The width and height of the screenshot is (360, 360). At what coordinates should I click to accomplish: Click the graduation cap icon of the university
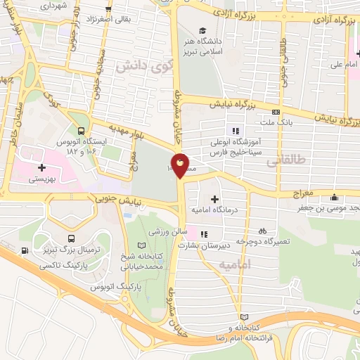[x=202, y=30]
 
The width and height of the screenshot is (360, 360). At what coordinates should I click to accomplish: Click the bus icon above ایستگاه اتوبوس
[x=82, y=131]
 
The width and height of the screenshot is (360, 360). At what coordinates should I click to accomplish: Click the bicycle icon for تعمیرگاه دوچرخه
[x=262, y=230]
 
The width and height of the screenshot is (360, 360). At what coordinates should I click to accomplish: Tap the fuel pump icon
[x=25, y=251]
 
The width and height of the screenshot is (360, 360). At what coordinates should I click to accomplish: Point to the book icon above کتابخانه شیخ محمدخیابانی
[x=143, y=245]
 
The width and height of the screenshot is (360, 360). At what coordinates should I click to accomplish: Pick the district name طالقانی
[x=285, y=161]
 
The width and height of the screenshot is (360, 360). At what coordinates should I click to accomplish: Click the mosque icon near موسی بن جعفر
[x=340, y=196]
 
